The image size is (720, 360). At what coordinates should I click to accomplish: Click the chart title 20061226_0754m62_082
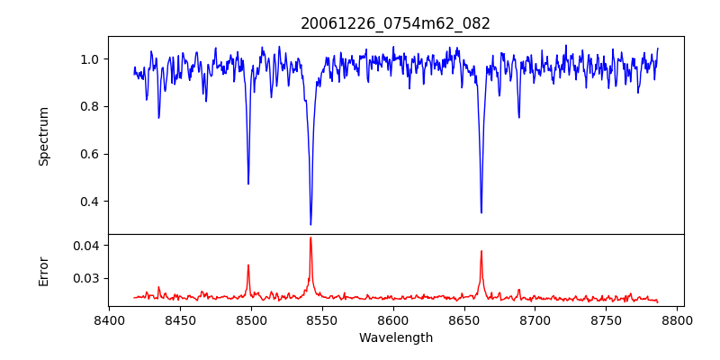(x=395, y=24)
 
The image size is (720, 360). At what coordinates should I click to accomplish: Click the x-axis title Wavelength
(x=395, y=338)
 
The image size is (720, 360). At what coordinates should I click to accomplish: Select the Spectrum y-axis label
(x=44, y=136)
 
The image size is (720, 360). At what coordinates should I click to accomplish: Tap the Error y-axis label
(x=44, y=271)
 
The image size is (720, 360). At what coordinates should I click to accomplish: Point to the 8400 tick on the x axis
(x=109, y=319)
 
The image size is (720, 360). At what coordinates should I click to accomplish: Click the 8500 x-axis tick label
(x=251, y=319)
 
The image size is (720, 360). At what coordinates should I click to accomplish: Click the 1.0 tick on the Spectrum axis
(x=91, y=59)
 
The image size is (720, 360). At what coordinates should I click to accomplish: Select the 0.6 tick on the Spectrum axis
(x=91, y=154)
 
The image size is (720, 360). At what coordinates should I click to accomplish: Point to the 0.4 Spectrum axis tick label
(x=91, y=202)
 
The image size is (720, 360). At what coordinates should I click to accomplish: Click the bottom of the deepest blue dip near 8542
(x=310, y=224)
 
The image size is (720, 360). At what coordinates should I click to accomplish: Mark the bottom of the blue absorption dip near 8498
(x=248, y=184)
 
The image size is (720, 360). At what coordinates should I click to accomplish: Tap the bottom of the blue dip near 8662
(x=481, y=212)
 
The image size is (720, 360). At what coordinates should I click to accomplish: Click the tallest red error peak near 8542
(x=310, y=238)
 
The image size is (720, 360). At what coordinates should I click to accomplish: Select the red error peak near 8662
(x=481, y=251)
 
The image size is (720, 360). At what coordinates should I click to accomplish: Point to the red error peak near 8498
(x=248, y=265)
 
